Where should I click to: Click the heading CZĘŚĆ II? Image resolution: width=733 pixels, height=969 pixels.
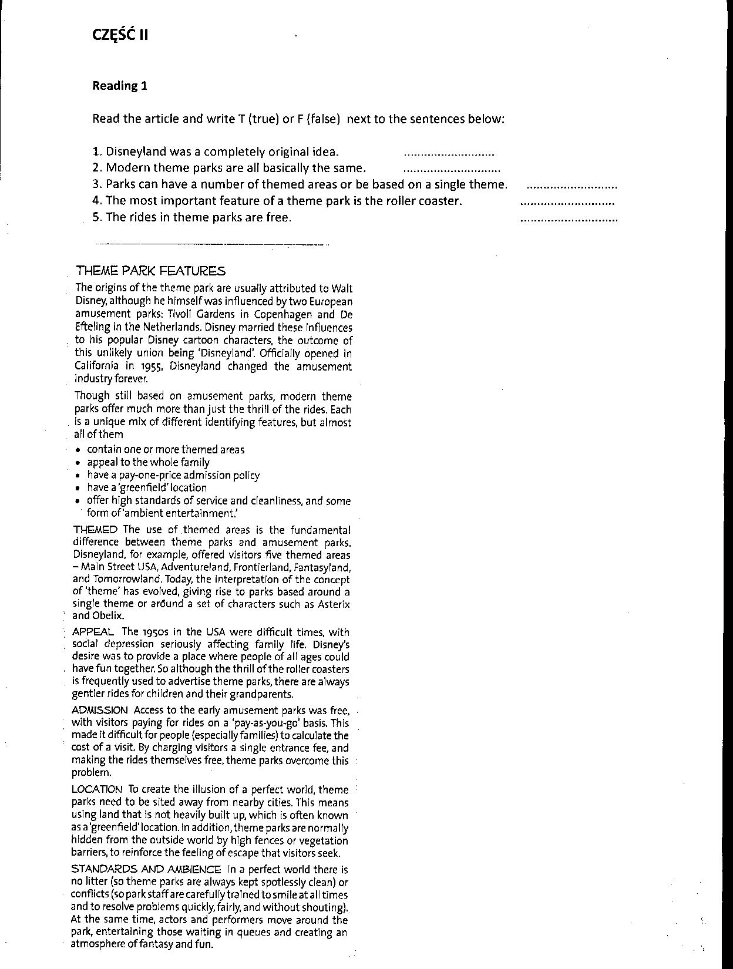point(120,35)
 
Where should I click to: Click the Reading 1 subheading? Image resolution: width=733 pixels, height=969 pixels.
point(120,86)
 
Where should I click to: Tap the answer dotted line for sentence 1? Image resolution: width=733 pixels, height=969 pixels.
point(449,154)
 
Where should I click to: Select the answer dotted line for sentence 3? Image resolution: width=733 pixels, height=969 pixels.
point(572,187)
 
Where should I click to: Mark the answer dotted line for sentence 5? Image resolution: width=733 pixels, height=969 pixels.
point(569,220)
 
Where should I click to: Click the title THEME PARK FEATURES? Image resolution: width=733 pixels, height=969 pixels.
point(150,271)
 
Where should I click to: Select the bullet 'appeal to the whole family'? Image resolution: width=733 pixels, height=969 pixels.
point(148,462)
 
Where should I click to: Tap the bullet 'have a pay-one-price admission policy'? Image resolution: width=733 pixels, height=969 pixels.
point(173,475)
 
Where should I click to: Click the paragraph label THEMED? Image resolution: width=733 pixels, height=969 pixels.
point(95,530)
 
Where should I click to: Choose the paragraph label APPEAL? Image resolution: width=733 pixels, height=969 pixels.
point(93,632)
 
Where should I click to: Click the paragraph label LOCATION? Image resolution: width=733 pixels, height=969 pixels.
point(97,789)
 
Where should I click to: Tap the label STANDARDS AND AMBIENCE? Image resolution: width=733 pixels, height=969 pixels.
point(146,869)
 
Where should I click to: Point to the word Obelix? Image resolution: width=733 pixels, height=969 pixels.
point(106,616)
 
